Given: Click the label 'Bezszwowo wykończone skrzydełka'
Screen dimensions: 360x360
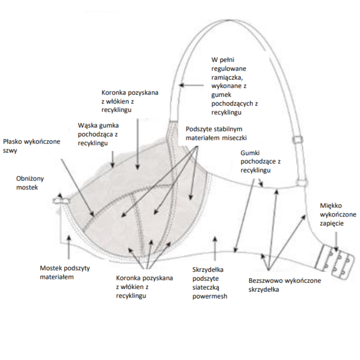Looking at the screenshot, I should pyautogui.click(x=284, y=285).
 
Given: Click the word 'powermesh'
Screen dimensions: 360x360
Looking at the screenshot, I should pyautogui.click(x=209, y=297).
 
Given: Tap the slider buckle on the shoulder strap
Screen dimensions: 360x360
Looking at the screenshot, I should pyautogui.click(x=298, y=140).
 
